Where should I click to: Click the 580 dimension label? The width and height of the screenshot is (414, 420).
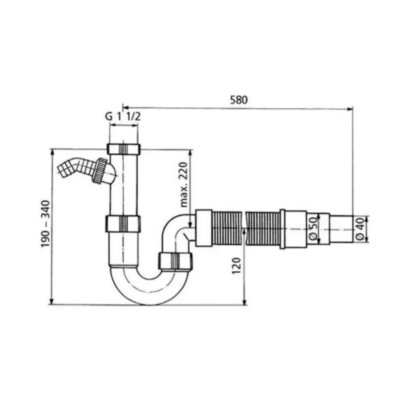point(239,100)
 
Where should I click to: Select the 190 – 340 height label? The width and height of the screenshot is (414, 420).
point(46,223)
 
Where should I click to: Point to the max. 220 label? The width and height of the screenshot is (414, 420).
point(184,184)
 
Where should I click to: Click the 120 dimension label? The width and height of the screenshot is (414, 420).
point(236,265)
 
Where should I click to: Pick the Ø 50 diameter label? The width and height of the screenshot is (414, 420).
point(313,228)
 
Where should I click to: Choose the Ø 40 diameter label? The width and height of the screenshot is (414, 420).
point(360,228)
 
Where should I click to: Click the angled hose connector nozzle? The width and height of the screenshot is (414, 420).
point(75,168)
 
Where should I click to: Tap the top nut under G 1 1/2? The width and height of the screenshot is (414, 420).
point(124,149)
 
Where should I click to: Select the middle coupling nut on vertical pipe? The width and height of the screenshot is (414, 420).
point(123,224)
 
